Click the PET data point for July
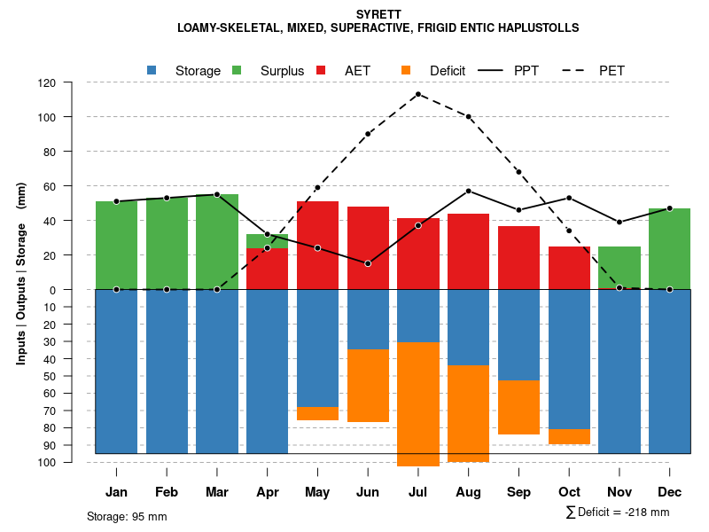[418, 94]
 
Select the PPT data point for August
[469, 191]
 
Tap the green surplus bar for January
[116, 245]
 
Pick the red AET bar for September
[519, 257]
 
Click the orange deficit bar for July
[418, 403]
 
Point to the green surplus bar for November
[619, 268]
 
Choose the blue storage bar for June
[368, 319]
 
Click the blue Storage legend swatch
[152, 70]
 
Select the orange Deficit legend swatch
[406, 70]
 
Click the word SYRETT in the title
[378, 14]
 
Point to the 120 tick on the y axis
[72, 82]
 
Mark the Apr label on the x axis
[267, 492]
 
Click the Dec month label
[670, 492]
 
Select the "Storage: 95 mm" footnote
[127, 516]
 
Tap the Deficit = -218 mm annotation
[618, 512]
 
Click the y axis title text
[21, 272]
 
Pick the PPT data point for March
[217, 194]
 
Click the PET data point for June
[368, 134]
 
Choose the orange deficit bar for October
[569, 436]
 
